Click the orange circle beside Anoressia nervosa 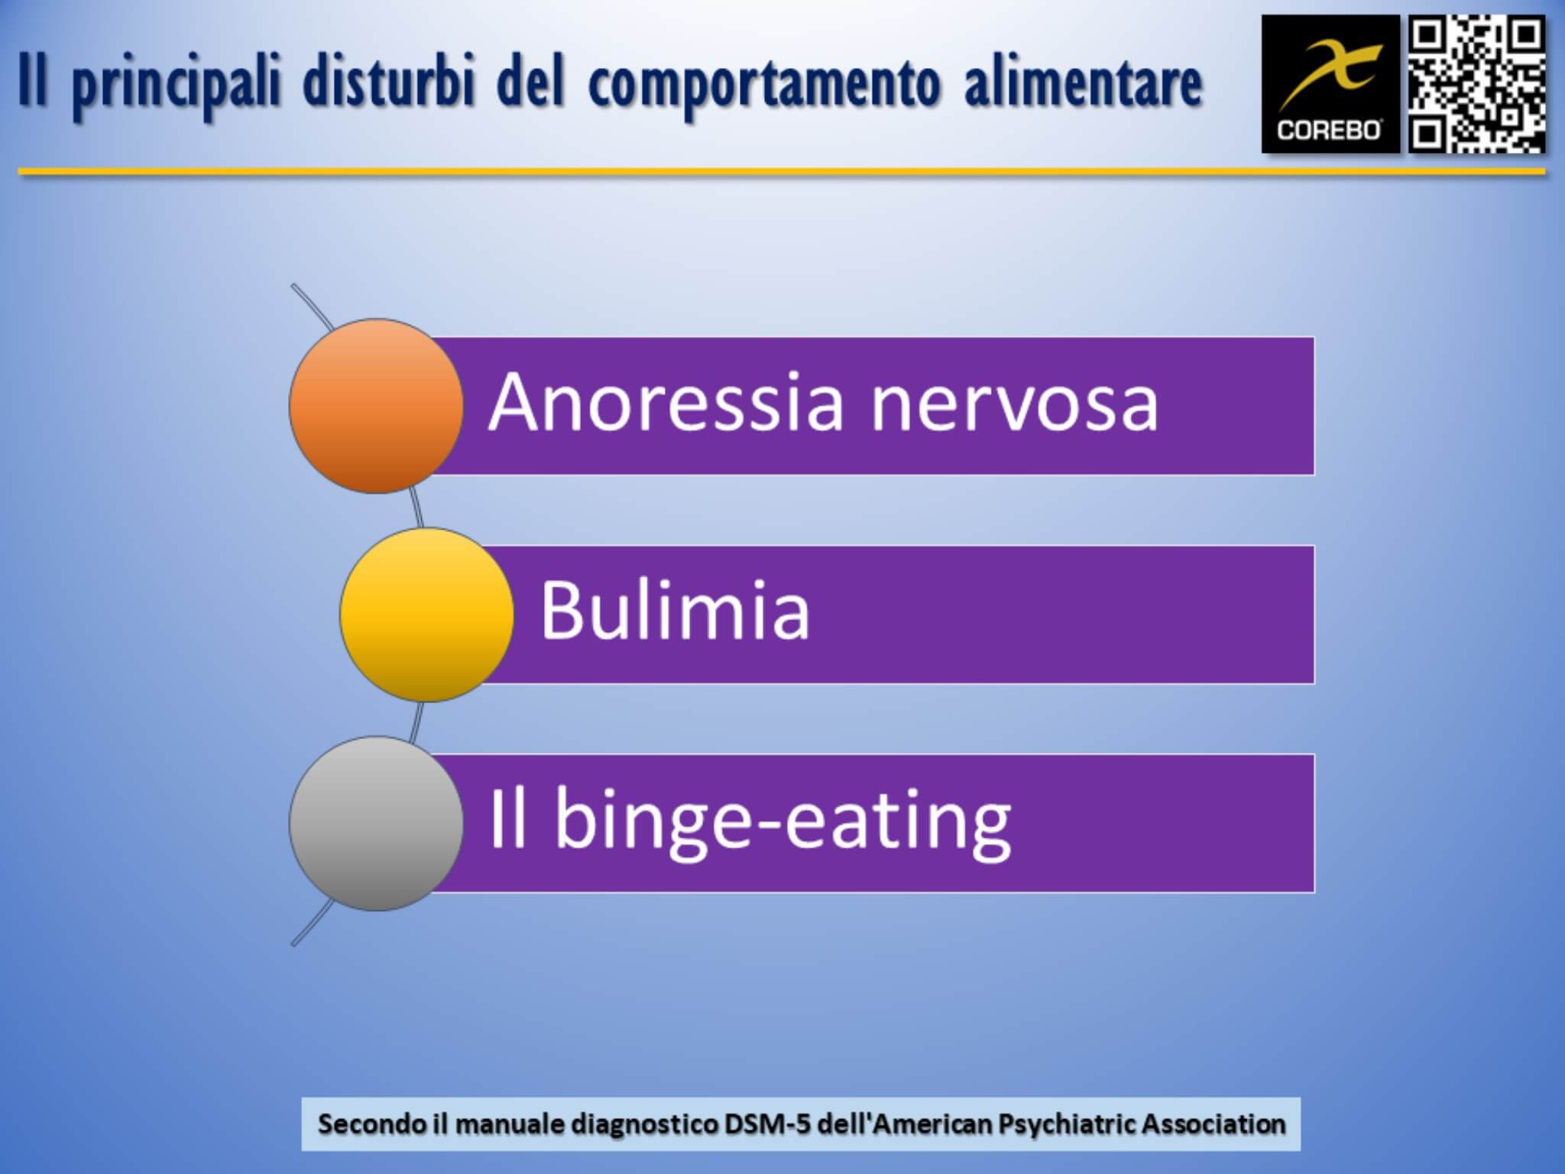click(x=376, y=406)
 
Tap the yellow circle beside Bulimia click(x=426, y=615)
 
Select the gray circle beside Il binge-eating click(x=376, y=823)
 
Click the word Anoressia click(x=666, y=401)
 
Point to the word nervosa click(x=1015, y=409)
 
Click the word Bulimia click(x=675, y=609)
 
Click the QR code click(x=1477, y=84)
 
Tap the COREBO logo click(x=1330, y=84)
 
